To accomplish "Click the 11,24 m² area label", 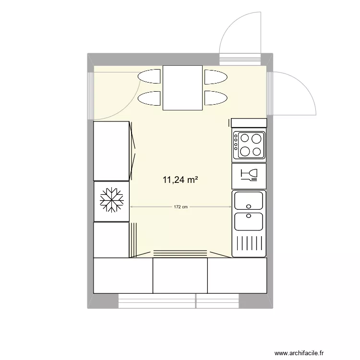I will coord(180,180).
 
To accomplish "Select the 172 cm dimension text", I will coord(180,207).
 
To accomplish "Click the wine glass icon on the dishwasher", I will coord(250,175).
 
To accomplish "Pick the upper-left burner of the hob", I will coord(246,139).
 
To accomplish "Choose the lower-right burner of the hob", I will coord(258,151).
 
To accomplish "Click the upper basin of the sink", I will coord(249,200).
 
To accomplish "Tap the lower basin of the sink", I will coord(249,221).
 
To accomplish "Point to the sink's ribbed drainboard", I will coord(249,244).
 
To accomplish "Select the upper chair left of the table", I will coord(149,76).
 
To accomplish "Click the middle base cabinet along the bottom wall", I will coord(180,276).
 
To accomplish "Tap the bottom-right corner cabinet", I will coord(237,276).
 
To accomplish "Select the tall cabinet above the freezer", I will coord(111,151).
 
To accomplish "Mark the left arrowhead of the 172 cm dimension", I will coord(132,207).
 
